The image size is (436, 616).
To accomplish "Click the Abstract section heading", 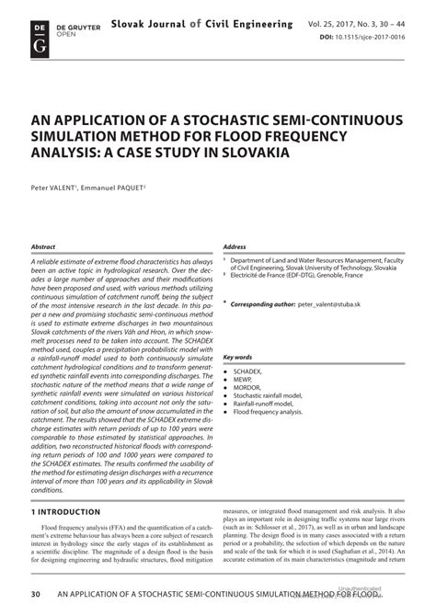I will pyautogui.click(x=43, y=247).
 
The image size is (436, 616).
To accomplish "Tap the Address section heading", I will pyautogui.click(x=235, y=247).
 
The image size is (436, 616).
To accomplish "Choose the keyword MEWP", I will pyautogui.click(x=245, y=379).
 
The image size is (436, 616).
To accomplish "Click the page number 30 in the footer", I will pyautogui.click(x=36, y=597).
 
